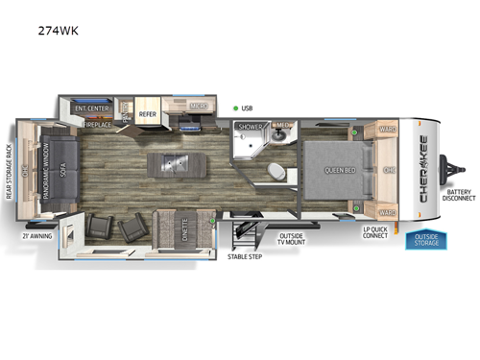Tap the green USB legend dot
point(234,108)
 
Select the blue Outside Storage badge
point(427,240)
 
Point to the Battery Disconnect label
point(459,196)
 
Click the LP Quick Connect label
point(375,234)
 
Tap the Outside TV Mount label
point(292,239)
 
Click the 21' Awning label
point(37,234)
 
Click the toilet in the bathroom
point(275,172)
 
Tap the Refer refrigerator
point(148,114)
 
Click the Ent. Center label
point(92,108)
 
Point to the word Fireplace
point(99,125)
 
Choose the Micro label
point(199,108)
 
